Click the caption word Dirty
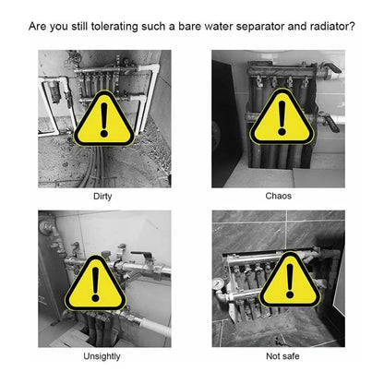[x=102, y=197]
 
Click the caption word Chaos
[x=278, y=196]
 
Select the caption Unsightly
[x=102, y=356]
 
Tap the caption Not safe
[x=282, y=356]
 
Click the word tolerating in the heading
[x=114, y=27]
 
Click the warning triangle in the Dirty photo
[x=104, y=118]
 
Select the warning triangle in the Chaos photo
[x=282, y=117]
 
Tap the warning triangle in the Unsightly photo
[x=95, y=283]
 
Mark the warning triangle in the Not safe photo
[x=290, y=280]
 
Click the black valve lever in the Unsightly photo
[x=141, y=255]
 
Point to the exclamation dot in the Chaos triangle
[x=282, y=132]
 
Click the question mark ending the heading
[x=353, y=26]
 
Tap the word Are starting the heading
[x=38, y=26]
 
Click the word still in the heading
[x=79, y=26]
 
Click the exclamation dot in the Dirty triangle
[x=104, y=134]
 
